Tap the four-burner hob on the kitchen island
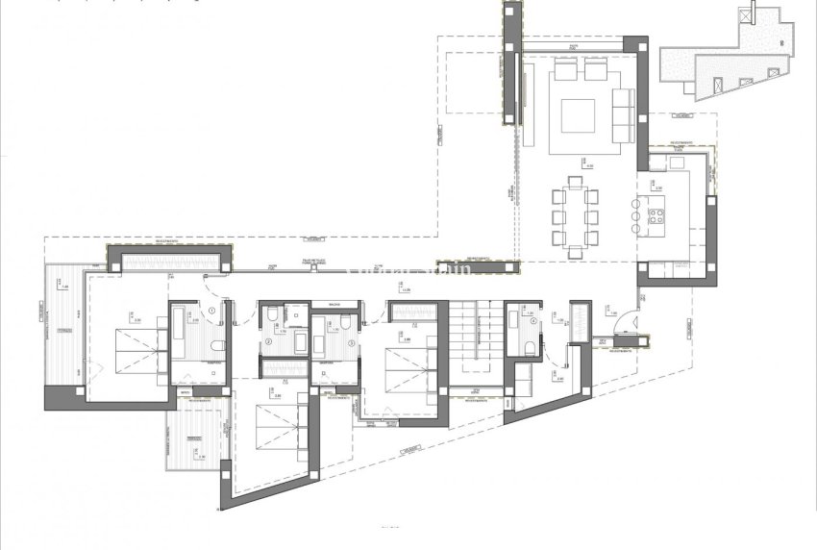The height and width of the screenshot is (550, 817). pyautogui.click(x=658, y=214)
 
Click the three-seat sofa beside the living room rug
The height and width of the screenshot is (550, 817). pyautogui.click(x=623, y=113)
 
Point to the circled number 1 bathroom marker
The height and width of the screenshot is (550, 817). pyautogui.click(x=210, y=310)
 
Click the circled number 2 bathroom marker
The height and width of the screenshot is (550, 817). pyautogui.click(x=270, y=340)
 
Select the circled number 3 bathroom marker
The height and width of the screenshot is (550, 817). pyautogui.click(x=352, y=342)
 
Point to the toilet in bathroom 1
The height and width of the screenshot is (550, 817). pyautogui.click(x=218, y=346)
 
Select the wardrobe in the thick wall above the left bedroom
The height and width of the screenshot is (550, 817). pyautogui.click(x=169, y=259)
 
